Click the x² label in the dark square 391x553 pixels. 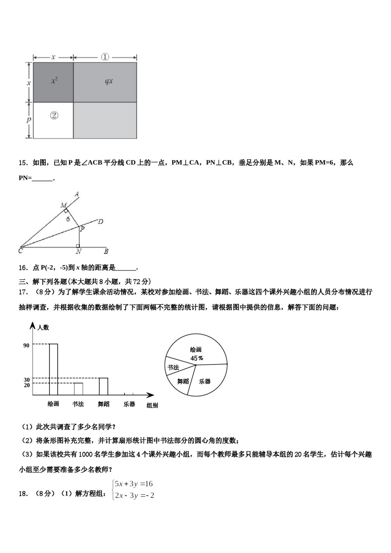(x=54, y=81)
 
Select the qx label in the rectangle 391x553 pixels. (x=109, y=81)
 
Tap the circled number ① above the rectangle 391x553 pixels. (x=105, y=57)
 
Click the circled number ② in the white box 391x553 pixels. (x=54, y=116)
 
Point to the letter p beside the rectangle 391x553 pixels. (x=28, y=120)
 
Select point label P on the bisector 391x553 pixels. (x=82, y=229)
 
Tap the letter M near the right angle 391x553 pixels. (x=63, y=205)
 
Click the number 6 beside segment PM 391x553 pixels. (x=68, y=219)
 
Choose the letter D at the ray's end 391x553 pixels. (x=100, y=222)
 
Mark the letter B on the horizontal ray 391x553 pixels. (x=106, y=251)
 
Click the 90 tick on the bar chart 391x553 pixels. (x=26, y=346)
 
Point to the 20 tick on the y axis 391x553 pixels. (x=27, y=385)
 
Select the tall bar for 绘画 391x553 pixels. (x=54, y=369)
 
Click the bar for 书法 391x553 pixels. (x=78, y=389)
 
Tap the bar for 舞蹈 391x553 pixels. (x=103, y=386)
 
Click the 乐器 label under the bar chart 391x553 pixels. (x=129, y=404)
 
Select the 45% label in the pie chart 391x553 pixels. (x=196, y=358)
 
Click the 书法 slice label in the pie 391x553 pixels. (x=174, y=367)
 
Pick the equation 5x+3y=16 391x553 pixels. (x=134, y=484)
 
